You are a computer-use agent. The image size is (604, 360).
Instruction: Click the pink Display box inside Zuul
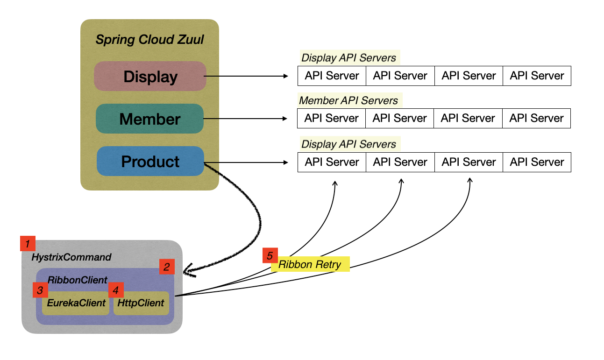point(150,76)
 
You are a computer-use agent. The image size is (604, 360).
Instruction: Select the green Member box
point(150,119)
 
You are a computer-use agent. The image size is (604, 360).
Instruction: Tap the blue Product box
point(150,161)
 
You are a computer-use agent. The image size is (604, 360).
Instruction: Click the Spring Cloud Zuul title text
point(149,40)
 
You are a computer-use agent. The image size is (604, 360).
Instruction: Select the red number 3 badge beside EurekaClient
point(40,290)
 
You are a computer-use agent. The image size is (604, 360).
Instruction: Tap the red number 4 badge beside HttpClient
point(115,290)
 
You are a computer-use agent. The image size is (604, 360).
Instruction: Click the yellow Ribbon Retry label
point(310,265)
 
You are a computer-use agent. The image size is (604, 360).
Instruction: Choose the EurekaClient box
point(76,303)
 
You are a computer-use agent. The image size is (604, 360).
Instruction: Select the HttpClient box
point(141,303)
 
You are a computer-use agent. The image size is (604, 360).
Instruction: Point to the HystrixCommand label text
point(71,257)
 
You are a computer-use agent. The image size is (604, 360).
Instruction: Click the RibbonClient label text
point(78,280)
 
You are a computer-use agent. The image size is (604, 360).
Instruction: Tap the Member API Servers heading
point(348,100)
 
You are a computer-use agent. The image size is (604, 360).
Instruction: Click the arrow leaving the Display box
point(246,76)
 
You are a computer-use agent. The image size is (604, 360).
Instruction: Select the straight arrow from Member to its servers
point(246,119)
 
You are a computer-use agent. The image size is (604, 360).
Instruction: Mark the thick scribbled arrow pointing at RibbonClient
point(252,219)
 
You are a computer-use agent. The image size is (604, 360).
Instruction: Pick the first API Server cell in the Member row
point(331,119)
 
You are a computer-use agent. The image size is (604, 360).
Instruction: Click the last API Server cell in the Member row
point(536,119)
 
